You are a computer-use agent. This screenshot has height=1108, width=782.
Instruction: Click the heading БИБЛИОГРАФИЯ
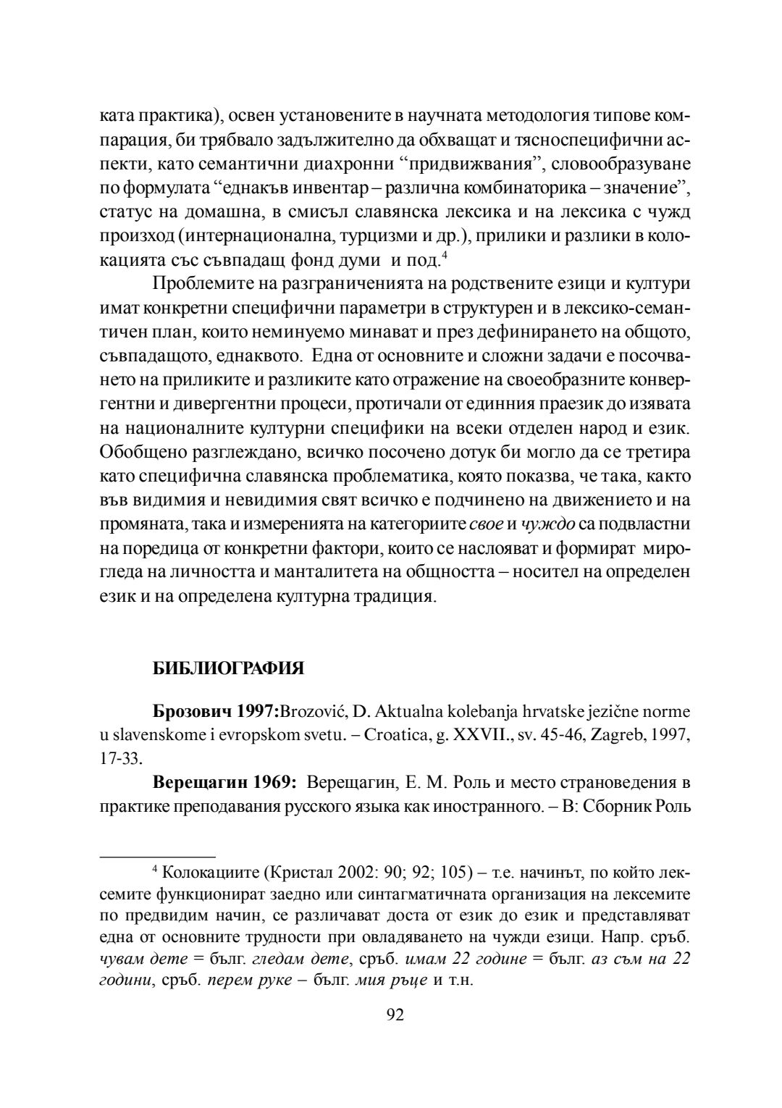point(228,668)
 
